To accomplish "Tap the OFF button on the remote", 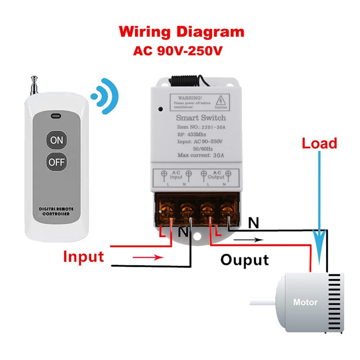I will pyautogui.click(x=57, y=162).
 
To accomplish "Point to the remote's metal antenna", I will pyautogui.click(x=34, y=85).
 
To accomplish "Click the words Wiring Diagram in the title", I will pyautogui.click(x=182, y=32).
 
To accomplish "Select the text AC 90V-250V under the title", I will pyautogui.click(x=178, y=50).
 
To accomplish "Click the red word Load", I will pyautogui.click(x=319, y=144).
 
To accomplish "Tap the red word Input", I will pyautogui.click(x=83, y=256).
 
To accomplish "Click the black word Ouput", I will pyautogui.click(x=244, y=260).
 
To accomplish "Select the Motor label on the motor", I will pyautogui.click(x=305, y=302).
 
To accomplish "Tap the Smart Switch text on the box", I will pyautogui.click(x=201, y=118).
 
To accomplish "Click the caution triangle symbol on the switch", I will pyautogui.click(x=221, y=99).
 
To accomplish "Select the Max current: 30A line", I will pyautogui.click(x=201, y=156).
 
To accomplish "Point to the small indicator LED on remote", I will pyautogui.click(x=56, y=116).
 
